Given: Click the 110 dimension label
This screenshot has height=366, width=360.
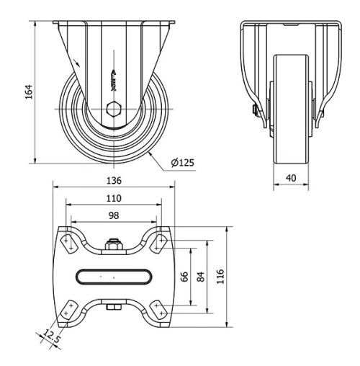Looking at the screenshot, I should coord(113,198).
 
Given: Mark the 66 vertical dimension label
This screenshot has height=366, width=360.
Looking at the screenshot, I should coord(185,277).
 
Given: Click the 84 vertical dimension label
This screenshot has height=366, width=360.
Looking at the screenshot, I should coord(202,277).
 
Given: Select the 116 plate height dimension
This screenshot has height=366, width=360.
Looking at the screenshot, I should coord(221,277).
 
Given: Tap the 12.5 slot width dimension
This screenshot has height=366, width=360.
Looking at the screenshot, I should coord(50,335).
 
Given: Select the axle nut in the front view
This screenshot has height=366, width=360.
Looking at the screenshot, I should coord(256,110).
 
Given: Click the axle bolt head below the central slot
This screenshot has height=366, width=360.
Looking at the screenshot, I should coord(113,309).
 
